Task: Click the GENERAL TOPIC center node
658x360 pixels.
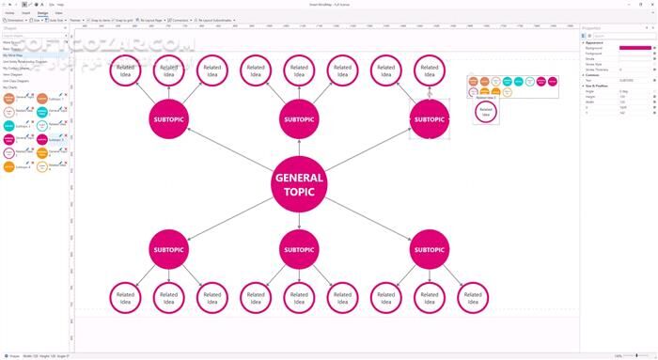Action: (x=299, y=184)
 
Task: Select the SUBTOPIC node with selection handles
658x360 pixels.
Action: (x=429, y=119)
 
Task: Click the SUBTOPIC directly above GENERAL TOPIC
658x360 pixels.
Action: (x=299, y=119)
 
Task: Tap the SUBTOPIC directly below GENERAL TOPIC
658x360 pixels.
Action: (x=299, y=250)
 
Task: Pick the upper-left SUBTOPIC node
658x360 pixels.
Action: (x=169, y=119)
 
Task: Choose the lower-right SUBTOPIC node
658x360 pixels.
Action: (x=429, y=250)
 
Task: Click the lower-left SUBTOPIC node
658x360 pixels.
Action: (x=169, y=250)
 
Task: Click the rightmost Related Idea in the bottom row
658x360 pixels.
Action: (x=472, y=297)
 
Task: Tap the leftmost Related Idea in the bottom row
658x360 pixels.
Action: (x=126, y=297)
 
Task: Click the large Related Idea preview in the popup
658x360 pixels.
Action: (x=485, y=111)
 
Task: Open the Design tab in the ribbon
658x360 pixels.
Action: (x=42, y=13)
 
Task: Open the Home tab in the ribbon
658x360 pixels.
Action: (x=9, y=13)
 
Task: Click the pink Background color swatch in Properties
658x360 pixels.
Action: (x=635, y=48)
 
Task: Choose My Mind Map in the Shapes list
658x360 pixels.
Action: (x=13, y=55)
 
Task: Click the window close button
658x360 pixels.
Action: (x=651, y=4)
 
